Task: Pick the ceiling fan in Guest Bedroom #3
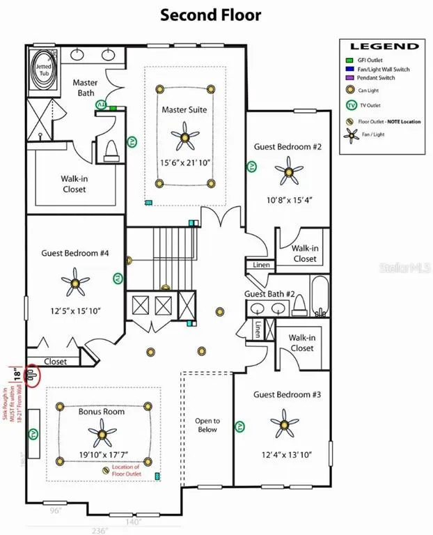click(x=284, y=421)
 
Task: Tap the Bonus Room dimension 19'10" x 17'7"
click(x=102, y=457)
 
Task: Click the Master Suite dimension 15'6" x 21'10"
click(x=184, y=163)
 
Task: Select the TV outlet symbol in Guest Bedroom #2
click(x=251, y=167)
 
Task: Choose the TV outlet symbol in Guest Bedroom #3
click(x=241, y=425)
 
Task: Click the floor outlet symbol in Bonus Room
click(x=106, y=471)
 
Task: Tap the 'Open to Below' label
click(x=207, y=425)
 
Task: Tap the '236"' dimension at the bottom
click(x=100, y=530)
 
